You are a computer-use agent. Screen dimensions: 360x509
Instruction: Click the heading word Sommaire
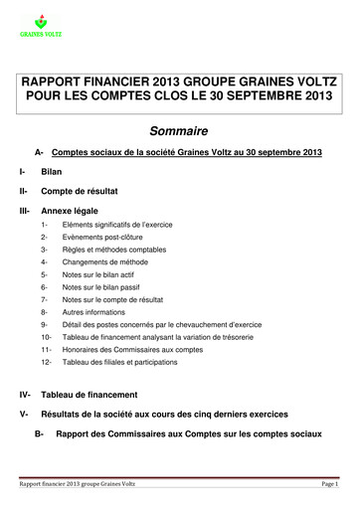[x=180, y=130]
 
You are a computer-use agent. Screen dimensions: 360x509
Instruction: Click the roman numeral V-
[x=24, y=438]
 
